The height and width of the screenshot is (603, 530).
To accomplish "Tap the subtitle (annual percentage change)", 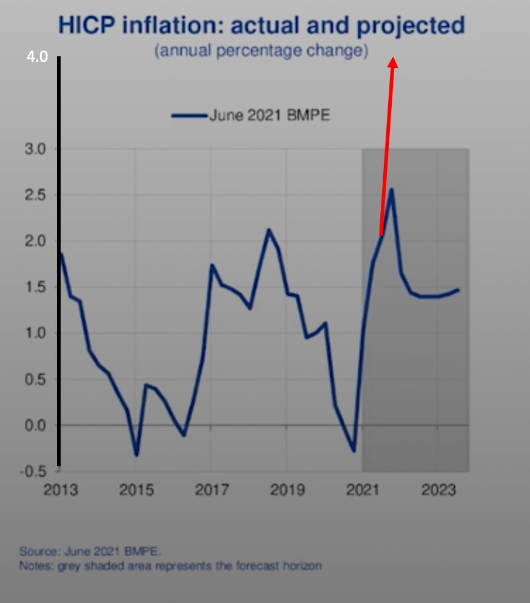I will (261, 51).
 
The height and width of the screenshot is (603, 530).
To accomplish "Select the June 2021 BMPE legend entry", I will (252, 115).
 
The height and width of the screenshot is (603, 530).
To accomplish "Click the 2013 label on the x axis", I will (61, 490).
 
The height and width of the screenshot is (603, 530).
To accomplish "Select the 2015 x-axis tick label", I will (136, 490).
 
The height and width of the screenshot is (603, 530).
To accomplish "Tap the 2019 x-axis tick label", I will (287, 490).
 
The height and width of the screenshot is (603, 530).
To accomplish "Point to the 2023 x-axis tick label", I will (437, 490).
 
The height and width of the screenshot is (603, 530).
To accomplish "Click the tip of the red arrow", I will (392, 58).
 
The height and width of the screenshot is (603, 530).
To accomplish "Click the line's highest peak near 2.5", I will (392, 189).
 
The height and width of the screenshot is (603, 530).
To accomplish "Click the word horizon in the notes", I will (303, 566).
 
